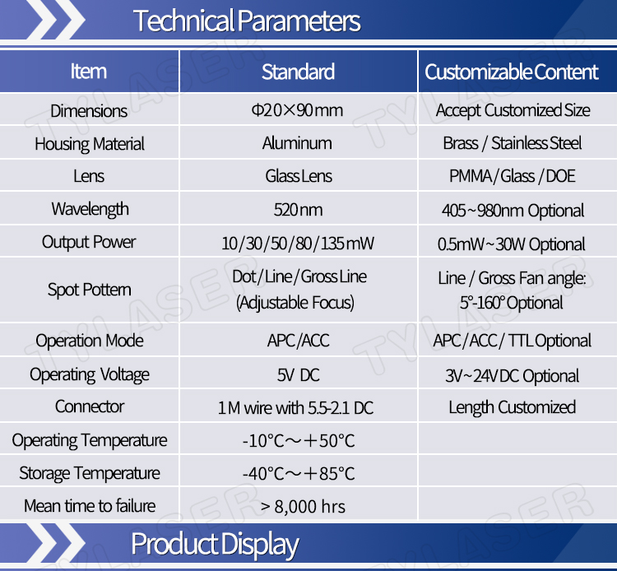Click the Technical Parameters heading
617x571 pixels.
point(247,21)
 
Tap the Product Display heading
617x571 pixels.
point(215,545)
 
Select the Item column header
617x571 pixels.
point(89,72)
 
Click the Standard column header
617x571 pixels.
point(299,72)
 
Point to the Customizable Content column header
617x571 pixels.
point(512,72)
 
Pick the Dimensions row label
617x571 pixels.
point(89,111)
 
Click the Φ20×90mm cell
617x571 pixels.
point(298,110)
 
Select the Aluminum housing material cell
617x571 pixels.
point(297,143)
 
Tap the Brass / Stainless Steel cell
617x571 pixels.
point(513,143)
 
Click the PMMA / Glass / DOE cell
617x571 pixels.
point(513,176)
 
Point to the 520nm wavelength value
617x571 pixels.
point(299,210)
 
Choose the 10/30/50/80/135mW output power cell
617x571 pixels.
point(298,244)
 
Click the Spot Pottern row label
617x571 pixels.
point(90,290)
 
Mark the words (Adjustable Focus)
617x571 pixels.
point(295,303)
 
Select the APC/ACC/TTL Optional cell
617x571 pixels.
point(512,341)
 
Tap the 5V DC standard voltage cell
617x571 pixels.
point(299,375)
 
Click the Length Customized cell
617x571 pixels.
point(513,407)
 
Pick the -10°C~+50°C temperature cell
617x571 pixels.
point(299,441)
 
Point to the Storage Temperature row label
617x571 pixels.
point(90,473)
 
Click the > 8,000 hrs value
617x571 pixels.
point(303,507)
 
